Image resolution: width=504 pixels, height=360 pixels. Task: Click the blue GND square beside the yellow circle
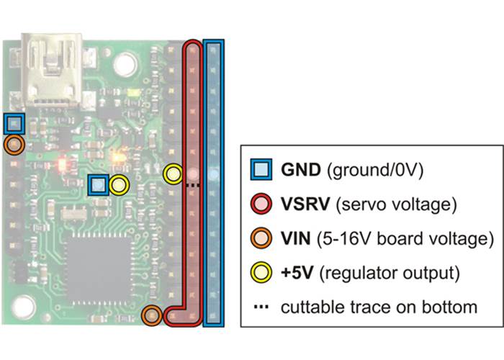click(98, 185)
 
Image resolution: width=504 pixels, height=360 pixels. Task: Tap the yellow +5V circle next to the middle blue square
click(120, 185)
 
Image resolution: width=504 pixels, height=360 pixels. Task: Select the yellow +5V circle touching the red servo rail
click(173, 174)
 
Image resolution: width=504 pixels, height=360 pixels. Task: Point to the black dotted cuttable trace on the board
click(192, 185)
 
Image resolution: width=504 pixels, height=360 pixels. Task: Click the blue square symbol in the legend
click(263, 171)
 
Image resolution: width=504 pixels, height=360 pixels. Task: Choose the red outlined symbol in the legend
click(263, 204)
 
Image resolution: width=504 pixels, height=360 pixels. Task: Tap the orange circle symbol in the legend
click(263, 238)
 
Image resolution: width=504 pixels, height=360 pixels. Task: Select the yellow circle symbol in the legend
click(263, 272)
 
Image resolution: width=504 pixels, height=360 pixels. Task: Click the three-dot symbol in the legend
click(262, 307)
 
